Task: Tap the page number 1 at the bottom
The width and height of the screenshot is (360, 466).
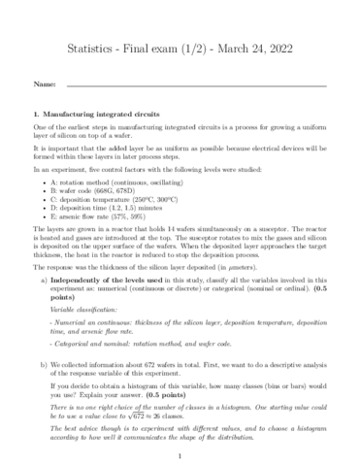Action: (180, 453)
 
